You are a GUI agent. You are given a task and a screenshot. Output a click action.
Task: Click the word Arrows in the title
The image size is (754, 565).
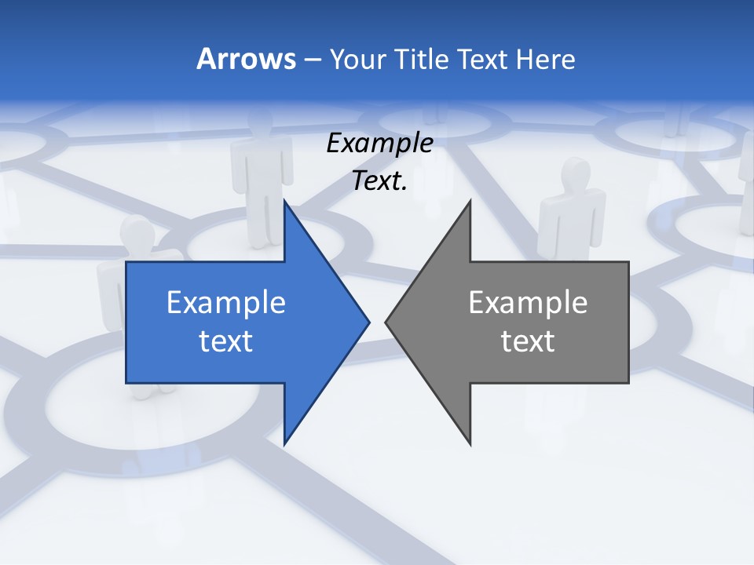[245, 59]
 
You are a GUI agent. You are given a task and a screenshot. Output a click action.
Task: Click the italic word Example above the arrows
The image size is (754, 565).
[379, 144]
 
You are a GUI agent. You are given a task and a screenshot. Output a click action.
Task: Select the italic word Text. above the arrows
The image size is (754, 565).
[379, 181]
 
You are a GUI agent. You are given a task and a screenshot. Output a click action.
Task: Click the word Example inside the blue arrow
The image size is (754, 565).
[225, 303]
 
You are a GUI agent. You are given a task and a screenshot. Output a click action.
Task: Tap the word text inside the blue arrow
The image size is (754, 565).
[225, 341]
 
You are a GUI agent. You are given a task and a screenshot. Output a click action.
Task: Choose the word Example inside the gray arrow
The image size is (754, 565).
[528, 303]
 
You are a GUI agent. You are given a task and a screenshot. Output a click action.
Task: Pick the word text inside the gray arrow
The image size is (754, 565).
[528, 341]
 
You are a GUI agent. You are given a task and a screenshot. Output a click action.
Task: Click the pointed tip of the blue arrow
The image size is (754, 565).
[368, 322]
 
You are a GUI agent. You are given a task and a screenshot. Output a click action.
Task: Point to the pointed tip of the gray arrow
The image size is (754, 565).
[386, 322]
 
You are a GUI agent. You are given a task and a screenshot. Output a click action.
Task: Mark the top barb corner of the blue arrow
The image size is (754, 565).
[284, 201]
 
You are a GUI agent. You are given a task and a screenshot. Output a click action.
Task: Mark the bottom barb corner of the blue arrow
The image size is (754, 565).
[284, 443]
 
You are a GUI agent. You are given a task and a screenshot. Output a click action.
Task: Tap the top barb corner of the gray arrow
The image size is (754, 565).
[470, 201]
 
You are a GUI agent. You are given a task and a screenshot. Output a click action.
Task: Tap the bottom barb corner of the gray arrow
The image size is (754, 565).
[470, 443]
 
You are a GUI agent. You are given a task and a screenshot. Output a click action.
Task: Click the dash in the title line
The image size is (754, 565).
[312, 60]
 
